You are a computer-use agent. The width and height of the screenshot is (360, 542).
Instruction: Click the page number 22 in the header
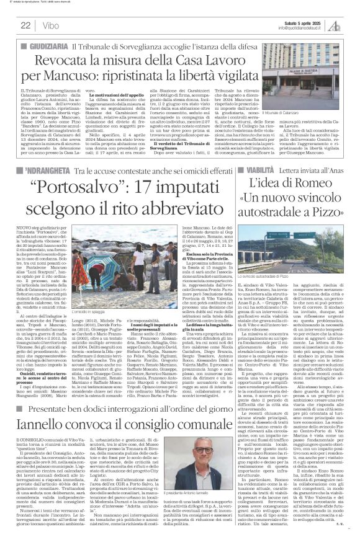point(26,25)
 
